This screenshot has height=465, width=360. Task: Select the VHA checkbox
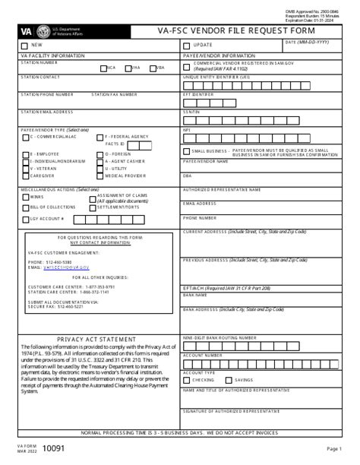coord(128,68)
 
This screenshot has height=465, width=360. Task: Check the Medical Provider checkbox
coord(100,176)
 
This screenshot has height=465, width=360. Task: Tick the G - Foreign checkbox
coord(100,154)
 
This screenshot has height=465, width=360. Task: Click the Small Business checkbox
coord(187,151)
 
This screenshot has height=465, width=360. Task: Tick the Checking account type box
coord(187,380)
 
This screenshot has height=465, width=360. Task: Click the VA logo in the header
coord(27,31)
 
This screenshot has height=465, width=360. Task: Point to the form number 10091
coord(53,450)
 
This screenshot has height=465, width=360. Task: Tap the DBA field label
coord(187,175)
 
